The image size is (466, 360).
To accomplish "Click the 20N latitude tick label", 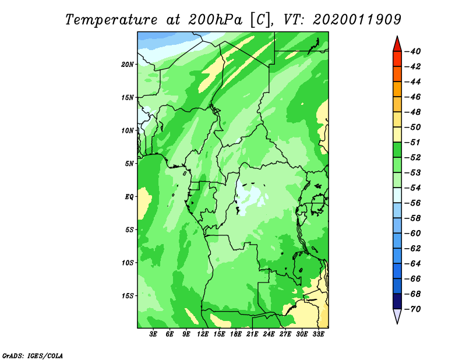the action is pyautogui.click(x=128, y=64).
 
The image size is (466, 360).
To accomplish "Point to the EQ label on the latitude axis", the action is pyautogui.click(x=129, y=196).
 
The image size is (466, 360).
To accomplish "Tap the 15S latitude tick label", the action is pyautogui.click(x=128, y=296).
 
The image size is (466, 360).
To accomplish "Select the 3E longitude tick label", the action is pyautogui.click(x=153, y=334).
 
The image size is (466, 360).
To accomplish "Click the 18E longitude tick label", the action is pyautogui.click(x=236, y=334).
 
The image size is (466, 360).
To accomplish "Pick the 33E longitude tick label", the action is pyautogui.click(x=318, y=334).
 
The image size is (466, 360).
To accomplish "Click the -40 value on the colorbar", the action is pyautogui.click(x=412, y=51).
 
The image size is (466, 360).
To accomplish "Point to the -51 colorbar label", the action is pyautogui.click(x=412, y=142).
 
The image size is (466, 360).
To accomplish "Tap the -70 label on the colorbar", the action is pyautogui.click(x=412, y=309).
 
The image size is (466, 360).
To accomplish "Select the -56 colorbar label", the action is pyautogui.click(x=412, y=203).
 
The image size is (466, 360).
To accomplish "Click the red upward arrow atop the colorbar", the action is pyautogui.click(x=397, y=44).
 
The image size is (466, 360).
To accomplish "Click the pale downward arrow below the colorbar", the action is pyautogui.click(x=397, y=316).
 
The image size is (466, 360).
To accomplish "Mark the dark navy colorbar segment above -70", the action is pyautogui.click(x=397, y=301).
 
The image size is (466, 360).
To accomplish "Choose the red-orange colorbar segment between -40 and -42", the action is pyautogui.click(x=397, y=59).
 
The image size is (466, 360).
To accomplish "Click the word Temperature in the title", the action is pyautogui.click(x=111, y=20).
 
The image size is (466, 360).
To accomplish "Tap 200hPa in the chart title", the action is pyautogui.click(x=215, y=20).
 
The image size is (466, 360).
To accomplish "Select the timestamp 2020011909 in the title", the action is pyautogui.click(x=357, y=20).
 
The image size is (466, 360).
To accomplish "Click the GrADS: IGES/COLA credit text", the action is pyautogui.click(x=33, y=355).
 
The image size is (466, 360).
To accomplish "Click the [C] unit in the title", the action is pyautogui.click(x=260, y=20).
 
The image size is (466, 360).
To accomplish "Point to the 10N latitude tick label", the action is pyautogui.click(x=128, y=130).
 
